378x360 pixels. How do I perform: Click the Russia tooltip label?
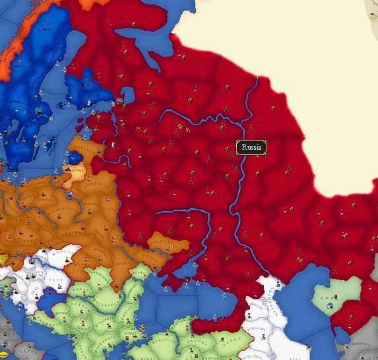click(251, 148)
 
